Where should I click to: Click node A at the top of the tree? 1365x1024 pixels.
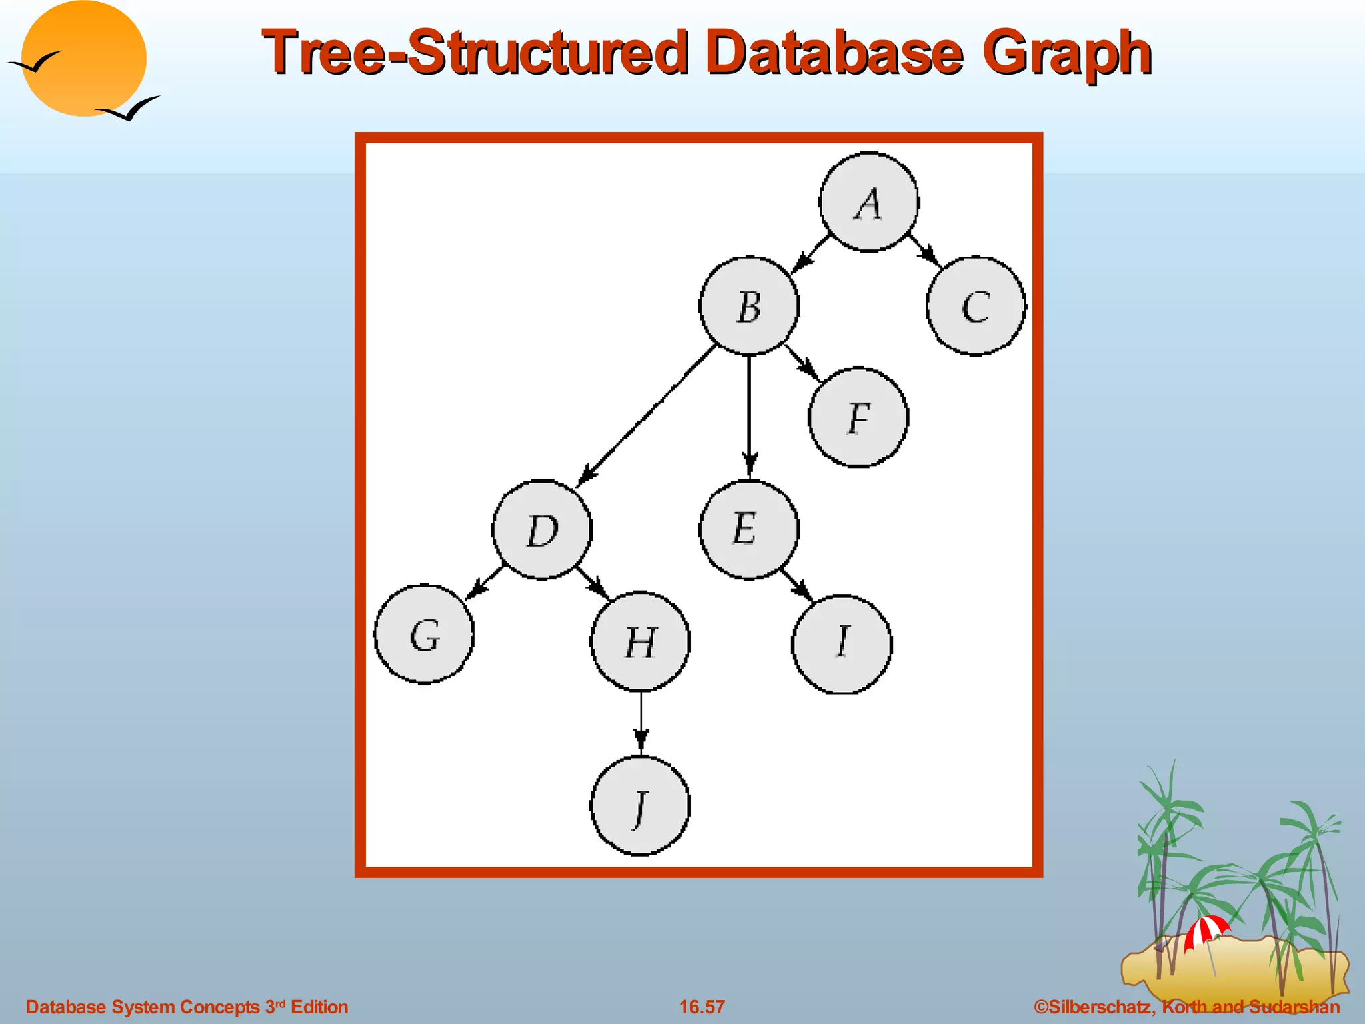pos(869,202)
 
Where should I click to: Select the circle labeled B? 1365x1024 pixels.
pos(749,306)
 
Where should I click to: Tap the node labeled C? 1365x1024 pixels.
pos(976,306)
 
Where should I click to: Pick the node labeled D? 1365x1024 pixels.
pos(541,530)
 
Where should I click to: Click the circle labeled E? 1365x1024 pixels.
pos(748,529)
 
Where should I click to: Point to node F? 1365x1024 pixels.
pos(858,417)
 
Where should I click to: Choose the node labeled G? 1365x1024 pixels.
pos(424,634)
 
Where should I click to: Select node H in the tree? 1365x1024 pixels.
pos(641,641)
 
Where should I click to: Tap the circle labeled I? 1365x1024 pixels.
pos(842,643)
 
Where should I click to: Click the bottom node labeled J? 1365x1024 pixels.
pos(641,805)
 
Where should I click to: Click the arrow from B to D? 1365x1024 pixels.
pos(647,415)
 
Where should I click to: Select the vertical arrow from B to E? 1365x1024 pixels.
pos(749,413)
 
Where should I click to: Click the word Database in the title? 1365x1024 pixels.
pos(834,52)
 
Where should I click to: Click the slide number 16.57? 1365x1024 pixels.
pos(702,1007)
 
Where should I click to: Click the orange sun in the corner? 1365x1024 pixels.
pos(84,59)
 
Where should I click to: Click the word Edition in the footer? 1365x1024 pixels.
pos(319,1007)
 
